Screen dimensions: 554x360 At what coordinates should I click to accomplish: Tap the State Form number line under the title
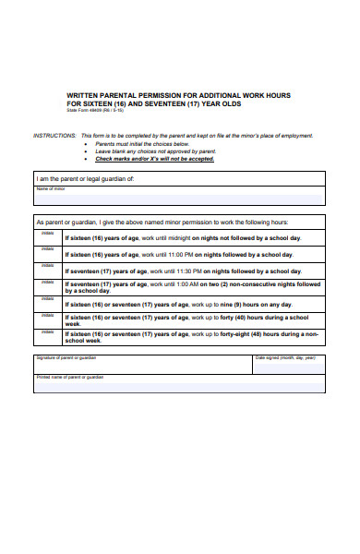pos(95,110)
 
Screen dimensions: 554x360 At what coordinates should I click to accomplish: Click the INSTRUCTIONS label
pos(54,135)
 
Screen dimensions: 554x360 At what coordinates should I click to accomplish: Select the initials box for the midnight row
pos(48,237)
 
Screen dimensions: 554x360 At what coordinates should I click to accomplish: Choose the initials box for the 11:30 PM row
pos(48,271)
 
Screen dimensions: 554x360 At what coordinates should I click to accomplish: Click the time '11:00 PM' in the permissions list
pos(181,254)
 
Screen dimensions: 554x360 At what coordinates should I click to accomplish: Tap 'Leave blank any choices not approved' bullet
pos(149,151)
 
